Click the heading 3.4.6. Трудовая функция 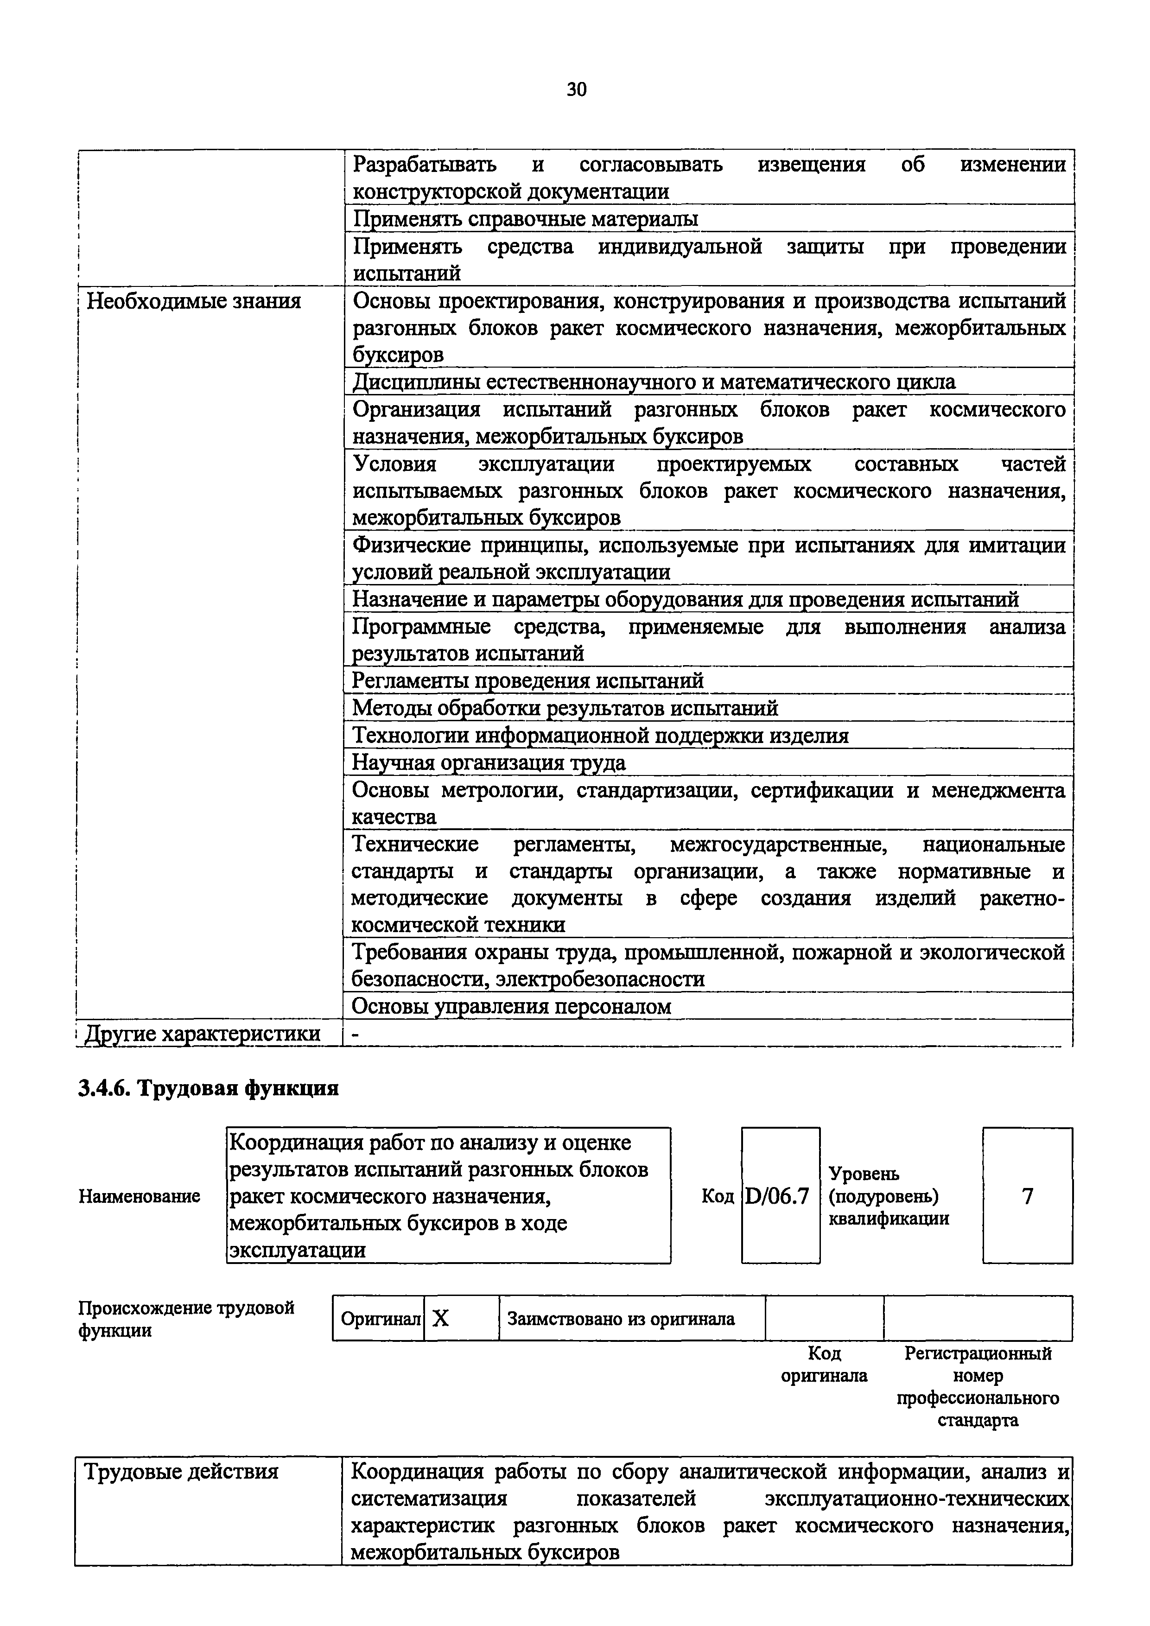(x=208, y=1088)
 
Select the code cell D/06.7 (x=780, y=1197)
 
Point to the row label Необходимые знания (x=193, y=302)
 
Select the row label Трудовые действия (x=181, y=1472)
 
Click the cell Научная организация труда (x=489, y=763)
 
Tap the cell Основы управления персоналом (x=511, y=1006)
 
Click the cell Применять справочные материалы (x=525, y=219)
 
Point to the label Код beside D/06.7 (x=718, y=1197)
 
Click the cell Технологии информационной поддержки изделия (x=600, y=736)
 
